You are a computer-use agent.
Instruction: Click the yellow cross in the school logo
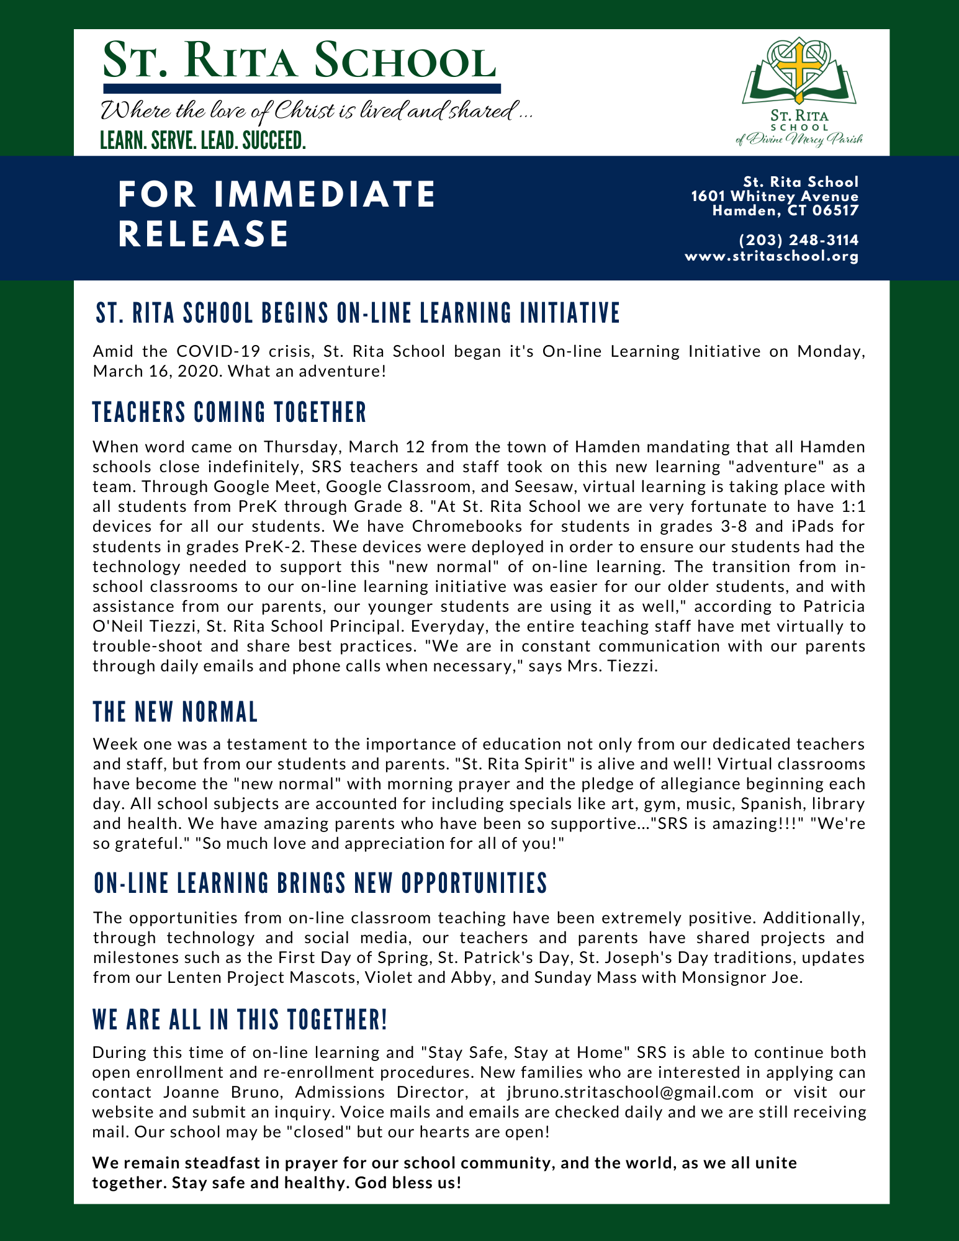pos(797,72)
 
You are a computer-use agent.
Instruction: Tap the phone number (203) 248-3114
pos(799,240)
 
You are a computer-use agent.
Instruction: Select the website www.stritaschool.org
pos(772,256)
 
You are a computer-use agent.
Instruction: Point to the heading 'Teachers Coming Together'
pos(230,413)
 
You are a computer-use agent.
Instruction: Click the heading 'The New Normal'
pos(175,712)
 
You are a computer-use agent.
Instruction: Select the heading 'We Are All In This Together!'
pos(240,1020)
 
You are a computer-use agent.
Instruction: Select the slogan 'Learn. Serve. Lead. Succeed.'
pos(203,141)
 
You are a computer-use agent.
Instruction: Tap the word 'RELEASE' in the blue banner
pos(204,234)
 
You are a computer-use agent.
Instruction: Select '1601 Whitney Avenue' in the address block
pos(775,197)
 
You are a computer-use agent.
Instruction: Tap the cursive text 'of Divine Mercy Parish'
pos(799,140)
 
